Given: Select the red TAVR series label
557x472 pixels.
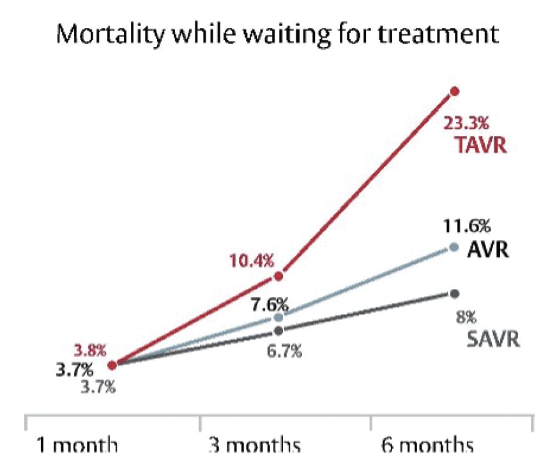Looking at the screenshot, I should pos(481,145).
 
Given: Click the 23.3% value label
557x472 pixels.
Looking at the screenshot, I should pos(470,121).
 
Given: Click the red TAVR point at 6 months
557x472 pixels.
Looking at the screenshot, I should pos(455,91).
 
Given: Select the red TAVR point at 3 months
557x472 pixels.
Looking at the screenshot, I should pos(278,276).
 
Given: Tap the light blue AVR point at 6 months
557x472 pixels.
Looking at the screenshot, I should pos(455,247).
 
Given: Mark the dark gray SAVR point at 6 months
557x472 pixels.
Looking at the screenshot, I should pos(455,293).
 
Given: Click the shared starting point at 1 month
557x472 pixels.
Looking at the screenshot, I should pos(112,365).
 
